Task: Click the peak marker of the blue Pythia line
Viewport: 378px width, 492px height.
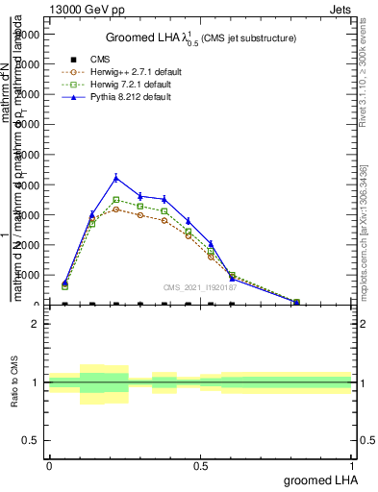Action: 116,178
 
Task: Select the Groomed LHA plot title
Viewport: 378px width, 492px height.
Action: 199,37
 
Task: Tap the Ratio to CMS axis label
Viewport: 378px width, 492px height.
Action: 15,384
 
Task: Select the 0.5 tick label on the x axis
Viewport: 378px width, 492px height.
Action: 200,465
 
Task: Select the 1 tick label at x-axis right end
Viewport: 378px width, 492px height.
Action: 352,465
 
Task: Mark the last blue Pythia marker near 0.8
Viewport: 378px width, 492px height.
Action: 296,302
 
